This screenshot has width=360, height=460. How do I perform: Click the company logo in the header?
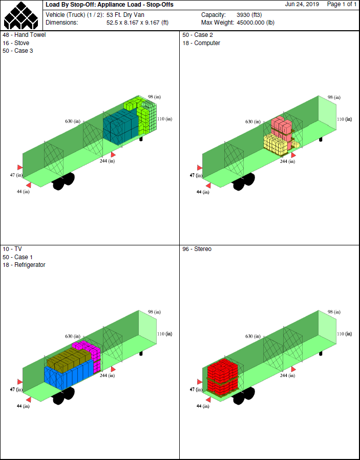(x=21, y=15)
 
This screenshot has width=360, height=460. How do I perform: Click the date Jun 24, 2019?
(x=302, y=5)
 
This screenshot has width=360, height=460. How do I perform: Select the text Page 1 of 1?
(x=342, y=5)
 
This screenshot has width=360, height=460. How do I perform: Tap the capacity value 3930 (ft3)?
(x=249, y=15)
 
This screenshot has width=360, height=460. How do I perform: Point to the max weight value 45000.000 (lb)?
(x=256, y=23)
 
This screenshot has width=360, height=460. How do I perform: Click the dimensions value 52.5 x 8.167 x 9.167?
(x=137, y=23)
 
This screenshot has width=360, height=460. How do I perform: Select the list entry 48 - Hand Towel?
(x=25, y=35)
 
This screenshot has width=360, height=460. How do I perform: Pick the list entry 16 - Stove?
(x=16, y=43)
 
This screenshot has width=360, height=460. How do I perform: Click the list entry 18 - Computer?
(x=201, y=43)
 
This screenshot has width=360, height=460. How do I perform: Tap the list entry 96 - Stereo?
(x=197, y=249)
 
